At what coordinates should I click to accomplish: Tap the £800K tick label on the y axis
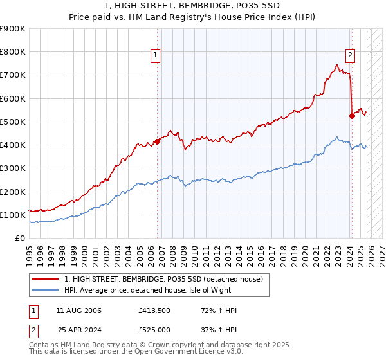point(13,52)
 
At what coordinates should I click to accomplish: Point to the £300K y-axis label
point(13,168)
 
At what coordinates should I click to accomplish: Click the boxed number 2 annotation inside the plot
point(351,56)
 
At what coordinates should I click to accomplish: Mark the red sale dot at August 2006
point(157,142)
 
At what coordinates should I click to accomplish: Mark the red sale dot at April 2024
point(352,116)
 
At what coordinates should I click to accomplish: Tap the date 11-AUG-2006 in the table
point(79,310)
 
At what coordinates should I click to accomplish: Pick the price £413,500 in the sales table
point(154,310)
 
